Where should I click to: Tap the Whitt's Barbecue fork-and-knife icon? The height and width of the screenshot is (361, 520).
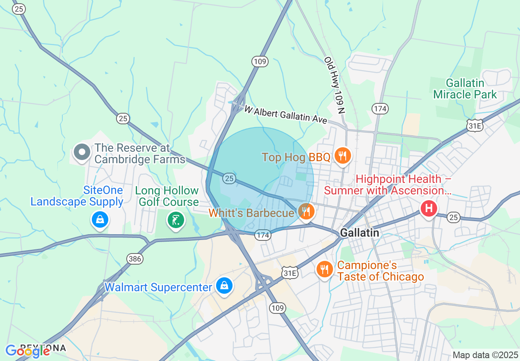tap(306, 212)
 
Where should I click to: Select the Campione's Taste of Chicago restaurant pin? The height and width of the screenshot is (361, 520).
tap(325, 270)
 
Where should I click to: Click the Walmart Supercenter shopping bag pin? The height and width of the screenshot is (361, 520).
tap(224, 286)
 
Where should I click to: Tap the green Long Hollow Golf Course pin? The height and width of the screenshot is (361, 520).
tap(176, 221)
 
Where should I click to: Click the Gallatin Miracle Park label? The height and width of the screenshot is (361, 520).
tap(465, 89)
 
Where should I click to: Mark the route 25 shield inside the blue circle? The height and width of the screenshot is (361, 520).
tap(229, 178)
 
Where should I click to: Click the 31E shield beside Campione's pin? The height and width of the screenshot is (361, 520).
tap(290, 273)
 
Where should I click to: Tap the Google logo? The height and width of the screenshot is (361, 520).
tap(28, 350)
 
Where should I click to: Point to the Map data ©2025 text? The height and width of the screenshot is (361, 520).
tap(484, 355)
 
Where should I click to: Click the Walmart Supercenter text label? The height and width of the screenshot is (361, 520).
tap(158, 287)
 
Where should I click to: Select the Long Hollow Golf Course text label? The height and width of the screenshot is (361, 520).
tap(167, 196)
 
